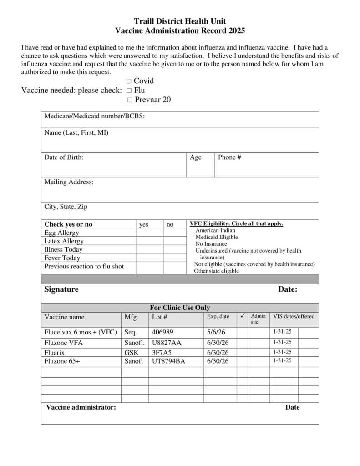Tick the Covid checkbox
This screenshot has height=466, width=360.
click(x=129, y=81)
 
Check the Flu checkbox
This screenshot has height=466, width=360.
click(x=129, y=91)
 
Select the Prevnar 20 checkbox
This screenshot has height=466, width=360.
click(x=130, y=100)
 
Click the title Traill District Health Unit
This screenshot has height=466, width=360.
click(x=180, y=21)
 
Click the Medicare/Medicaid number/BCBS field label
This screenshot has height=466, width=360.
click(x=94, y=116)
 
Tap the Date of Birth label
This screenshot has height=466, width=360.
click(x=64, y=157)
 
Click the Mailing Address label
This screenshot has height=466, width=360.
click(x=69, y=182)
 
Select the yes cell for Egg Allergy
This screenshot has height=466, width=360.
click(x=149, y=233)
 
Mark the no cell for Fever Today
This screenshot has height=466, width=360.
click(x=173, y=258)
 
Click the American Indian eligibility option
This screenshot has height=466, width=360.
click(x=215, y=230)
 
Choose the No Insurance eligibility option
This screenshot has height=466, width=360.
click(x=211, y=244)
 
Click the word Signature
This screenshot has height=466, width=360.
click(x=61, y=289)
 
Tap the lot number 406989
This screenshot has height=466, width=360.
click(x=162, y=333)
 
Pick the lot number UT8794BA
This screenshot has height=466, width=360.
click(x=168, y=361)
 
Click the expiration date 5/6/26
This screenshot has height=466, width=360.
click(x=216, y=333)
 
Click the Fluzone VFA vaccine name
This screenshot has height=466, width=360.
click(x=64, y=343)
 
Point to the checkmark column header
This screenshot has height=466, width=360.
click(x=242, y=316)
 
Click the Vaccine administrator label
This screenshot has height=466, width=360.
click(x=81, y=407)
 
